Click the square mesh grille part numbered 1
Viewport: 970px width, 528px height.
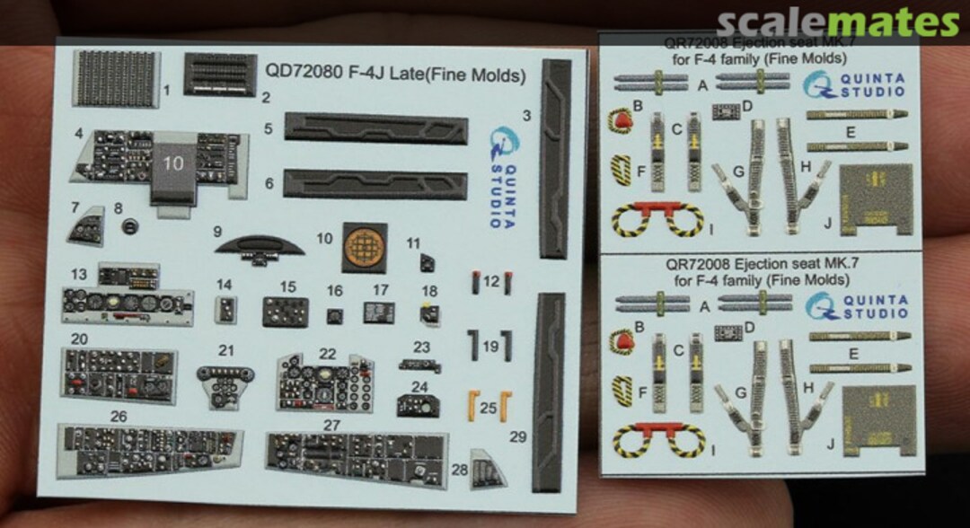[117, 78]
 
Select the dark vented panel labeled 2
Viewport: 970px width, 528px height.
[219, 74]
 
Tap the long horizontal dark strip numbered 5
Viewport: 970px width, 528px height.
[376, 128]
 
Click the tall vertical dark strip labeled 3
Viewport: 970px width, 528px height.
[555, 158]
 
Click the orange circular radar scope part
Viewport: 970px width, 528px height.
[364, 248]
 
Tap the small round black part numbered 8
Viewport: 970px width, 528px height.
[131, 224]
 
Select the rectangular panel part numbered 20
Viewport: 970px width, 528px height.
[119, 374]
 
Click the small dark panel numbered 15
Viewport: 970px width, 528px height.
[287, 311]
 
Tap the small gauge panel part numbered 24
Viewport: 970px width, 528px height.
[418, 405]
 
